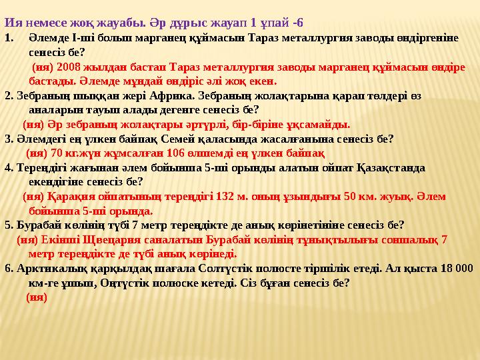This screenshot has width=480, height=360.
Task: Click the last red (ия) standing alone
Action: [x=36, y=297]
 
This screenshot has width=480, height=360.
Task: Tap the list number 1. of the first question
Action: [x=9, y=38]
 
